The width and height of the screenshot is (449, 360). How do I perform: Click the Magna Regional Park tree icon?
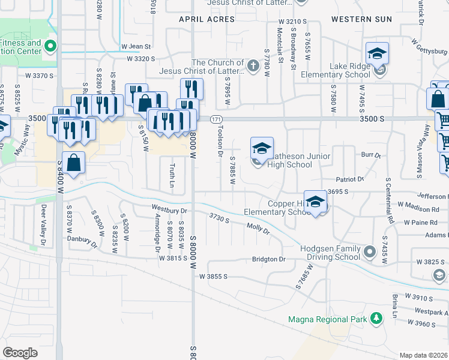coord(376,318)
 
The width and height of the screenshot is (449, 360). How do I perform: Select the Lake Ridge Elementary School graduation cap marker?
coord(378,55)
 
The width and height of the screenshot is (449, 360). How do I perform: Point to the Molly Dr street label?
coord(258,228)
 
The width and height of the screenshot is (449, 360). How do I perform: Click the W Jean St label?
coord(135,46)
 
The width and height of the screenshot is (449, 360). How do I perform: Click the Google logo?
coord(20,353)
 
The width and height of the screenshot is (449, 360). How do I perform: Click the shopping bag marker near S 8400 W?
coord(74,163)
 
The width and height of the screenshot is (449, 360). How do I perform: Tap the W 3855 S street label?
coord(214,277)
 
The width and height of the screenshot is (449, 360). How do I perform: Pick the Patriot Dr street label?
coord(350,179)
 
